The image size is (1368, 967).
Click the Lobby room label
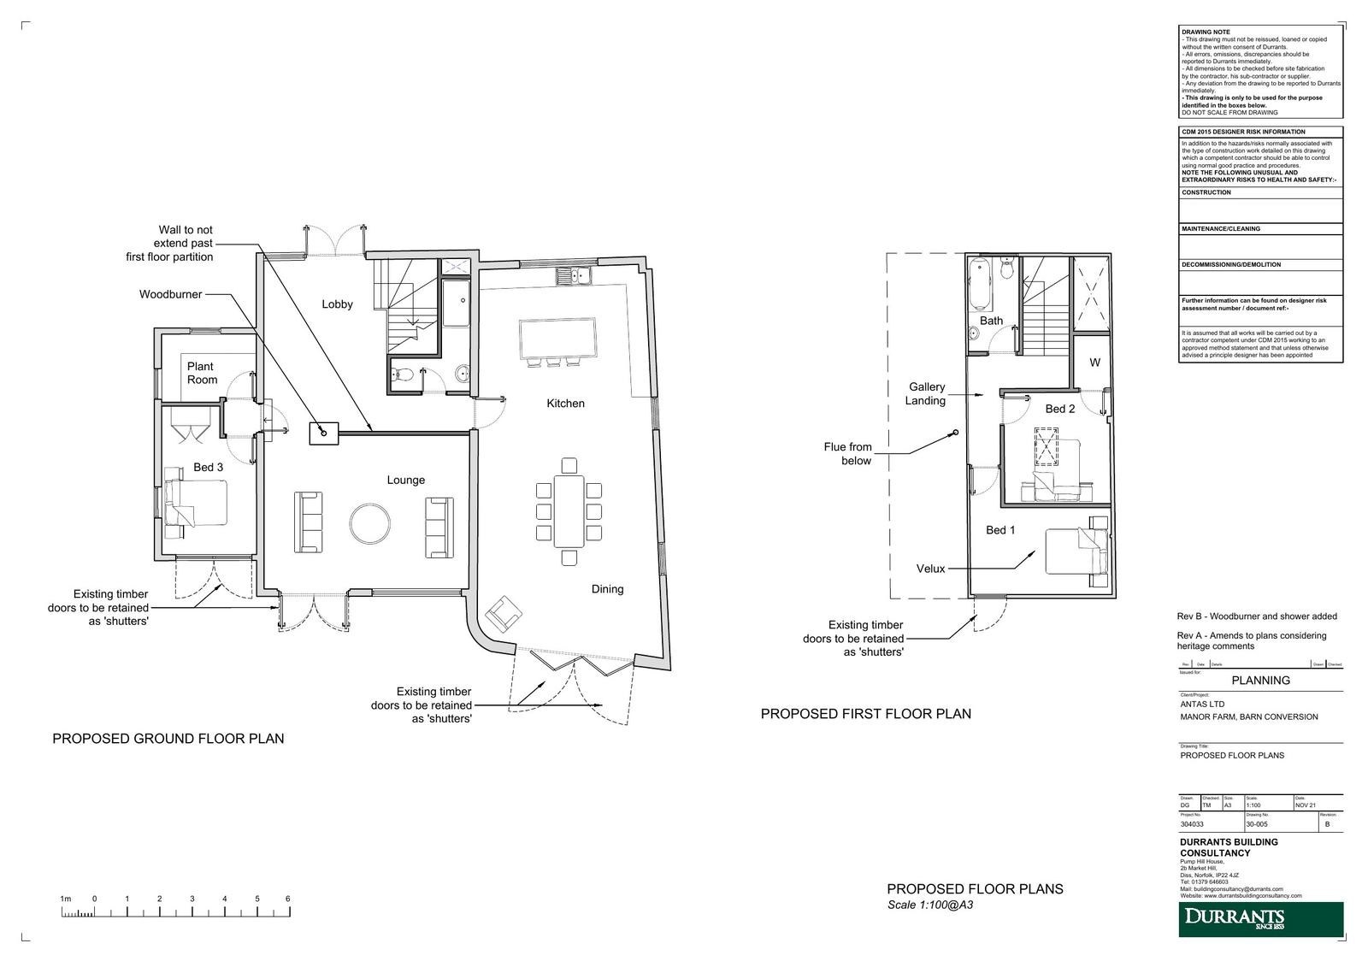tap(337, 304)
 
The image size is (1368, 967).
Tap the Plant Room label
tap(202, 374)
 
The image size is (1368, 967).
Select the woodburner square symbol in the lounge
tap(325, 433)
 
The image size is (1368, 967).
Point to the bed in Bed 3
tap(198, 502)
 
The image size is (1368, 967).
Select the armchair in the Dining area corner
tap(503, 615)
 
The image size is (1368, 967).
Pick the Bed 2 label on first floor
tap(1060, 409)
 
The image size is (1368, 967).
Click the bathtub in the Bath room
tap(980, 285)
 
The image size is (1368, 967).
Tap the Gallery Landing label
tap(927, 393)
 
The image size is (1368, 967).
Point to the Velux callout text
tap(930, 569)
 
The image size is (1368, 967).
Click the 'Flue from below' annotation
tap(847, 454)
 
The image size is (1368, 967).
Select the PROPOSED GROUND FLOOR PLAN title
tap(168, 739)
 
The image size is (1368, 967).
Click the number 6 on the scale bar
tap(288, 899)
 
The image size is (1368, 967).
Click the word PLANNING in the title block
tap(1260, 681)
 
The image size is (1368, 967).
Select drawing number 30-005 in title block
tap(1257, 825)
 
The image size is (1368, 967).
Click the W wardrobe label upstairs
tap(1094, 363)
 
